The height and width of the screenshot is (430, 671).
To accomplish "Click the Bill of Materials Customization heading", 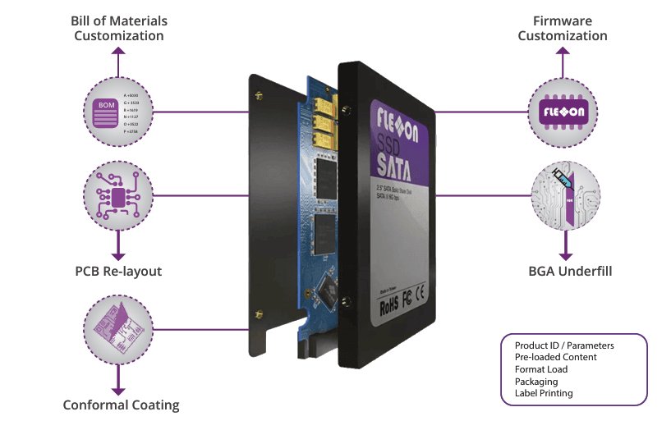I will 119,28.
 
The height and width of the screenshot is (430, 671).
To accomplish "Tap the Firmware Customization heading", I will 563,28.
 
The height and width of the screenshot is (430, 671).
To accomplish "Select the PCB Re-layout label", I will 118,271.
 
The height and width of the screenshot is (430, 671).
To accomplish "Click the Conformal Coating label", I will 121,405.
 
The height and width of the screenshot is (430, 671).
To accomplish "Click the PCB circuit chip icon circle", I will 118,195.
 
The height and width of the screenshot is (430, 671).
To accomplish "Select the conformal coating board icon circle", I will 118,329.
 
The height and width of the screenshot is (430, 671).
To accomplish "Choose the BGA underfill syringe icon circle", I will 563,195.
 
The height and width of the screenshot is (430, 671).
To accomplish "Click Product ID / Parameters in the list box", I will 563,345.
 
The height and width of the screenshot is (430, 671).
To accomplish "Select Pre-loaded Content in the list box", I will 555,357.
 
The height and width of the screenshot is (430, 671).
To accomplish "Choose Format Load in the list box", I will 540,369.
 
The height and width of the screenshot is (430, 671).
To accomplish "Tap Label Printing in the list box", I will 544,393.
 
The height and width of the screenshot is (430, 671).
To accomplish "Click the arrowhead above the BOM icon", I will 118,51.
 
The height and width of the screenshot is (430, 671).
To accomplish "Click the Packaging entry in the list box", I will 535,382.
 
